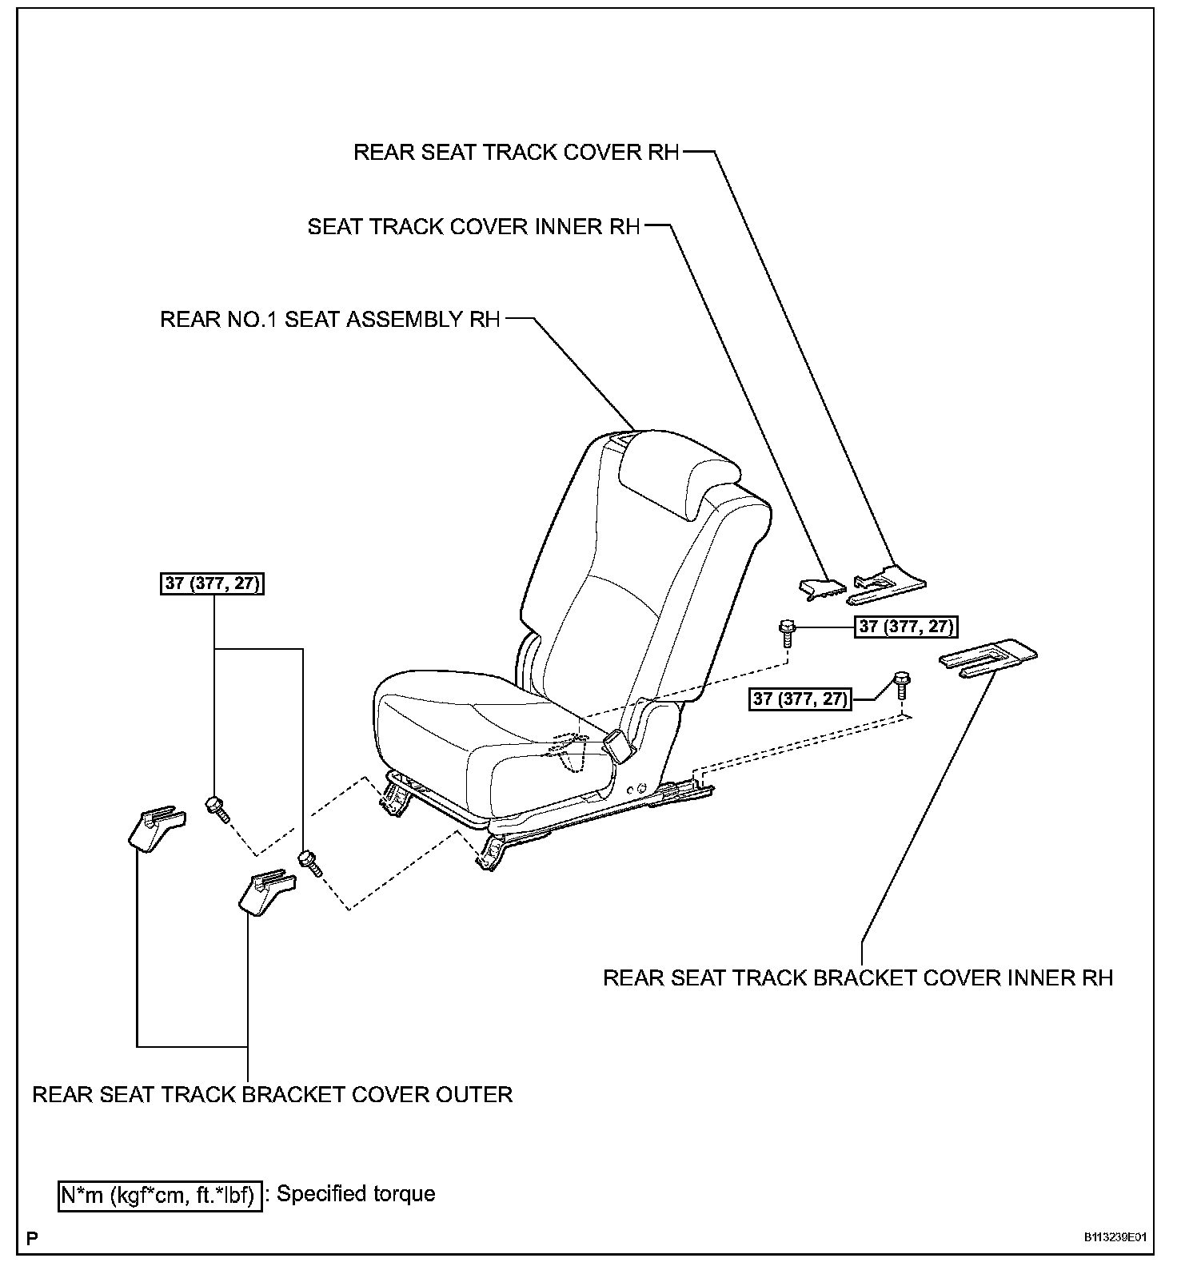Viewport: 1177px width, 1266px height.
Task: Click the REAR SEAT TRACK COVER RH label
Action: click(516, 152)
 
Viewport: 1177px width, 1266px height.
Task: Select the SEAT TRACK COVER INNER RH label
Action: click(473, 227)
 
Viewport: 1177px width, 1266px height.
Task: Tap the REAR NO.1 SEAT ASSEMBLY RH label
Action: click(329, 320)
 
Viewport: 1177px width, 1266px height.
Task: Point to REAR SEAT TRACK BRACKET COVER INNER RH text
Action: click(857, 978)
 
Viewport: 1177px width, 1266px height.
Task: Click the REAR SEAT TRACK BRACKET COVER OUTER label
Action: click(272, 1094)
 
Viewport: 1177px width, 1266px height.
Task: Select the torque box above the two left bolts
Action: click(213, 583)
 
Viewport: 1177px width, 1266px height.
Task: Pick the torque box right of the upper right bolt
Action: click(906, 627)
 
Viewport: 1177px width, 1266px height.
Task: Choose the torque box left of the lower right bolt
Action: click(800, 699)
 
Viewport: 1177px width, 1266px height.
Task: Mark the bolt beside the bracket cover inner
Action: click(902, 686)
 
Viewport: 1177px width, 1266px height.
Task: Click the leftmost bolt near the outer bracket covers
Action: click(217, 810)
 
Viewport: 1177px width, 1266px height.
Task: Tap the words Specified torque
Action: click(356, 1194)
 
